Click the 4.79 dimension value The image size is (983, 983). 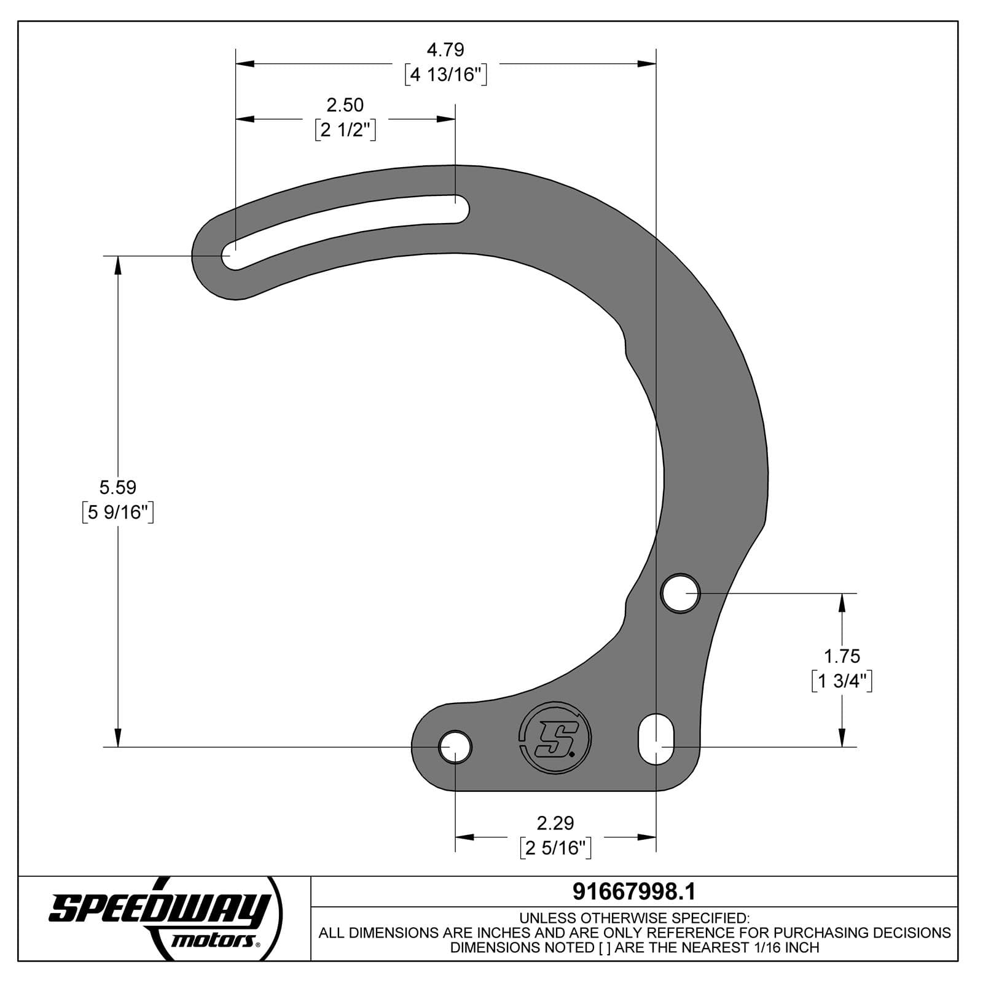[445, 49]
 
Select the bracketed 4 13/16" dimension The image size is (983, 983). [446, 75]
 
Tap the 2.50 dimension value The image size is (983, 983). [345, 105]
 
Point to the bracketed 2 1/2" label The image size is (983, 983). [345, 130]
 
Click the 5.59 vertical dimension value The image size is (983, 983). [117, 487]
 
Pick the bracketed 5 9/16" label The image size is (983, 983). [117, 512]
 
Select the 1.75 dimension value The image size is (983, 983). [841, 656]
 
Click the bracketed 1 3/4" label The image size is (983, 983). [842, 681]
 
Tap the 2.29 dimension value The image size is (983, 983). [555, 823]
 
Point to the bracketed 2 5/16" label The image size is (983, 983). [555, 848]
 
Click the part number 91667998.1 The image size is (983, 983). [633, 891]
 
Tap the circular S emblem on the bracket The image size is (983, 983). [555, 737]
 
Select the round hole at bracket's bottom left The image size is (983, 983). [455, 747]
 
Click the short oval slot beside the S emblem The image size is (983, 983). [656, 739]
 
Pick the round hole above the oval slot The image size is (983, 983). [680, 593]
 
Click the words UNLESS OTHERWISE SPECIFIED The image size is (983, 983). [634, 918]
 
